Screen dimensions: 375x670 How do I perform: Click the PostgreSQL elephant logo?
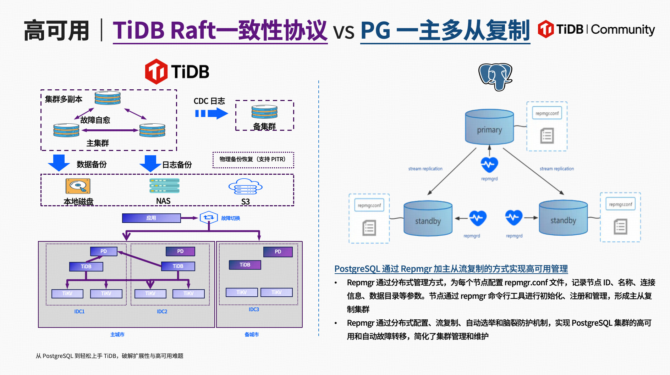pos(495,76)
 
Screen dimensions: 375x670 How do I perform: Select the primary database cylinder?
pos(489,127)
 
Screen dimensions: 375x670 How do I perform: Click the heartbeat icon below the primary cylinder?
pos(489,164)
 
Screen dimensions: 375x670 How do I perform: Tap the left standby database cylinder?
pos(428,218)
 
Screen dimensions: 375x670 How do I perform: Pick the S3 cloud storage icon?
pos(245,186)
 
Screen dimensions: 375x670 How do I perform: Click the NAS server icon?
pos(164,186)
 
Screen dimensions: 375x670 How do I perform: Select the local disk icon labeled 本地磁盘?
pos(78,186)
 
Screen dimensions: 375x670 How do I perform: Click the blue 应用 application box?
pos(151,218)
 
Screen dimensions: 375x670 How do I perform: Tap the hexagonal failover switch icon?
pos(208,217)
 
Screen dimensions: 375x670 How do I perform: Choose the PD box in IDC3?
pos(278,252)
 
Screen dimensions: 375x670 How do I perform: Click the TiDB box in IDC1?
pos(86,267)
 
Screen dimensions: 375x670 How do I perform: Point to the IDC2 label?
pos(162,312)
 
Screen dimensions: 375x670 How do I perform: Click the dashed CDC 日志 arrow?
pos(211,113)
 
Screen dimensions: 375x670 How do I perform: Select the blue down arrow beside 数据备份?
pos(59,163)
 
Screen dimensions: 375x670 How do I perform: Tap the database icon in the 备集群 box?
pos(264,112)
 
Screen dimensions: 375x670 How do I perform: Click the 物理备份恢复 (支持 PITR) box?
pos(253,159)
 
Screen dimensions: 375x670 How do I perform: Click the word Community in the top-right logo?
pos(623,29)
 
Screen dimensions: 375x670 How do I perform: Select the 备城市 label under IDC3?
pos(252,335)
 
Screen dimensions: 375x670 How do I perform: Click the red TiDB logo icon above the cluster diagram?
pos(156,72)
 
